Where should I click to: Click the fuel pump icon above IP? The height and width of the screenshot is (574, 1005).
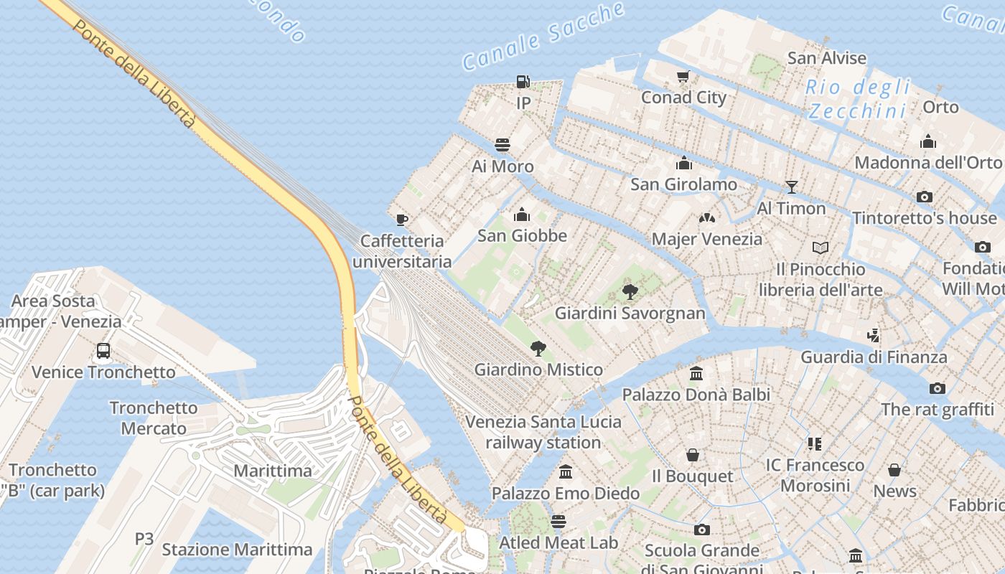click(523, 82)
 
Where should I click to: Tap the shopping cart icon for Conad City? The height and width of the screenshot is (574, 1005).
click(683, 76)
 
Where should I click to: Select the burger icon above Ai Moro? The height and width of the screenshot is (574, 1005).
click(502, 145)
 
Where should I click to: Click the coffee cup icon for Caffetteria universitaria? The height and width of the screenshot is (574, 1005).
click(401, 219)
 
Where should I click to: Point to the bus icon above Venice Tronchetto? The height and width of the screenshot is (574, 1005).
click(103, 351)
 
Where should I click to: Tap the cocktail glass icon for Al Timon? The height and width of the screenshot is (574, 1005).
click(792, 187)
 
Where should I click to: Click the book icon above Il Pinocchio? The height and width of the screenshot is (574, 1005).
click(821, 248)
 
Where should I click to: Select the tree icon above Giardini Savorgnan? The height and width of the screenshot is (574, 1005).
click(630, 291)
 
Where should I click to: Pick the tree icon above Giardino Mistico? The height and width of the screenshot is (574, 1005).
click(538, 349)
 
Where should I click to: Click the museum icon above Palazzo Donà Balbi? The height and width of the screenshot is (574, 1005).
click(696, 373)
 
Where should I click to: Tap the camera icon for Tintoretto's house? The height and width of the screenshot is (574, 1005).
click(925, 197)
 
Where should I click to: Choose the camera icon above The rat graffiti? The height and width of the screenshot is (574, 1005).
click(937, 388)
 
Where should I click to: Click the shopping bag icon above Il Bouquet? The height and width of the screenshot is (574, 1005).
click(693, 455)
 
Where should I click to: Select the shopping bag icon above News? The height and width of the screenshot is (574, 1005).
click(894, 470)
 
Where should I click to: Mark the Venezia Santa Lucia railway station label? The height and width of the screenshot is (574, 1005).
click(543, 432)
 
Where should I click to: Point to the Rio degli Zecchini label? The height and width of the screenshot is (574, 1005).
click(858, 99)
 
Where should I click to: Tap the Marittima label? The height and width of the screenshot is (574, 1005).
click(273, 471)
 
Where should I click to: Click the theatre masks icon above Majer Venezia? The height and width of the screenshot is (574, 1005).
click(707, 217)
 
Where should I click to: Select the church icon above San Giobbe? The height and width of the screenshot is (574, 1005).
click(522, 215)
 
